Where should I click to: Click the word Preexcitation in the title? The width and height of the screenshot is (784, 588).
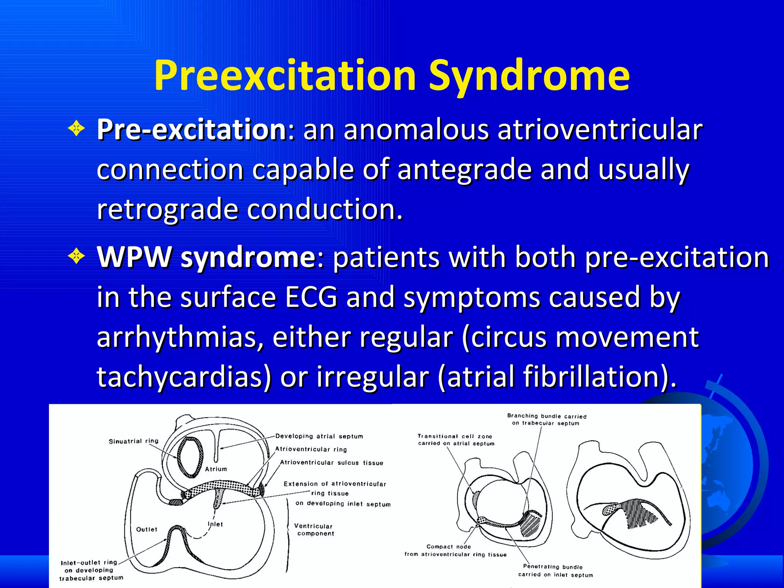285,76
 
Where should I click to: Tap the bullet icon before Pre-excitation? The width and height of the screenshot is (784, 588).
76,129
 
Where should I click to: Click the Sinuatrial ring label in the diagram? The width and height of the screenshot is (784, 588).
133,441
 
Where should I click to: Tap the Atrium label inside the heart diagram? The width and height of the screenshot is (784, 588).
216,469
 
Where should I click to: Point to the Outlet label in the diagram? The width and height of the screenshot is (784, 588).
147,529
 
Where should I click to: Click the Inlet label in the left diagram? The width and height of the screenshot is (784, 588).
215,524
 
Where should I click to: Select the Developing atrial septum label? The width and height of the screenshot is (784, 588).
319,436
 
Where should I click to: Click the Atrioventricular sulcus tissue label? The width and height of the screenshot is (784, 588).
332,463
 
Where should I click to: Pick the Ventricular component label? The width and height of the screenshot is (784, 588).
315,530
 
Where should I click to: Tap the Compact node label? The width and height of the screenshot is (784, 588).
449,547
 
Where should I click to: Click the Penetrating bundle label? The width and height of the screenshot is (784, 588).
552,567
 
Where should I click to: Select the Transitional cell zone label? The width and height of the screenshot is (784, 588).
455,436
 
